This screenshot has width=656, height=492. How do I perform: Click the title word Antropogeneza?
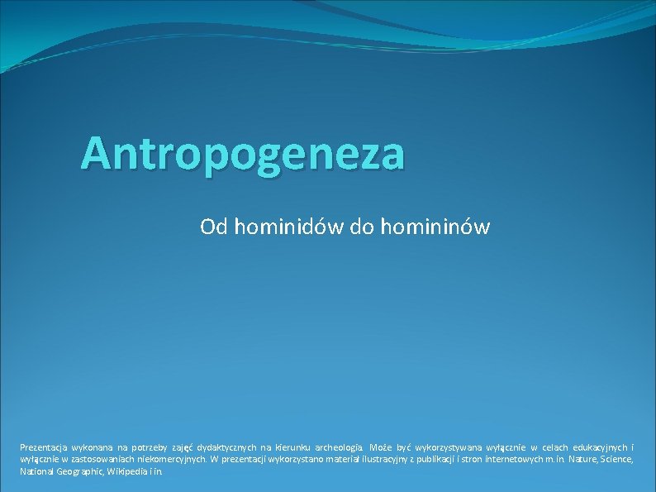(x=243, y=153)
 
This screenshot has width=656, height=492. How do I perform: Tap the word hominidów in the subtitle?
(x=290, y=226)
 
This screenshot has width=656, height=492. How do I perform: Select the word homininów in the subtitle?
(x=435, y=226)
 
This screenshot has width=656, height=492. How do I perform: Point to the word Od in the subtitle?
(x=212, y=226)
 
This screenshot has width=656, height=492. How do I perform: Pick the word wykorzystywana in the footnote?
(x=449, y=447)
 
